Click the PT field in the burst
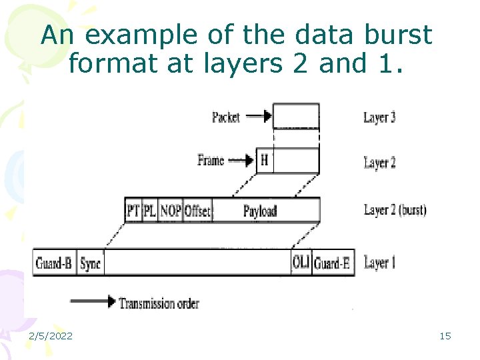133,211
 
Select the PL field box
150,211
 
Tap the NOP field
170,211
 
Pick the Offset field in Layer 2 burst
197,211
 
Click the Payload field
260,211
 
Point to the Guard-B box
54,263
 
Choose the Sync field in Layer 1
90,263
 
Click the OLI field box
301,263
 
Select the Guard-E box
332,263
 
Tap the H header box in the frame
265,160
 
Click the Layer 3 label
379,118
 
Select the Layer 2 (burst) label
395,210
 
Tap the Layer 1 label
379,263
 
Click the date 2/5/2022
51,336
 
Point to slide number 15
445,336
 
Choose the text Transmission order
159,303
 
